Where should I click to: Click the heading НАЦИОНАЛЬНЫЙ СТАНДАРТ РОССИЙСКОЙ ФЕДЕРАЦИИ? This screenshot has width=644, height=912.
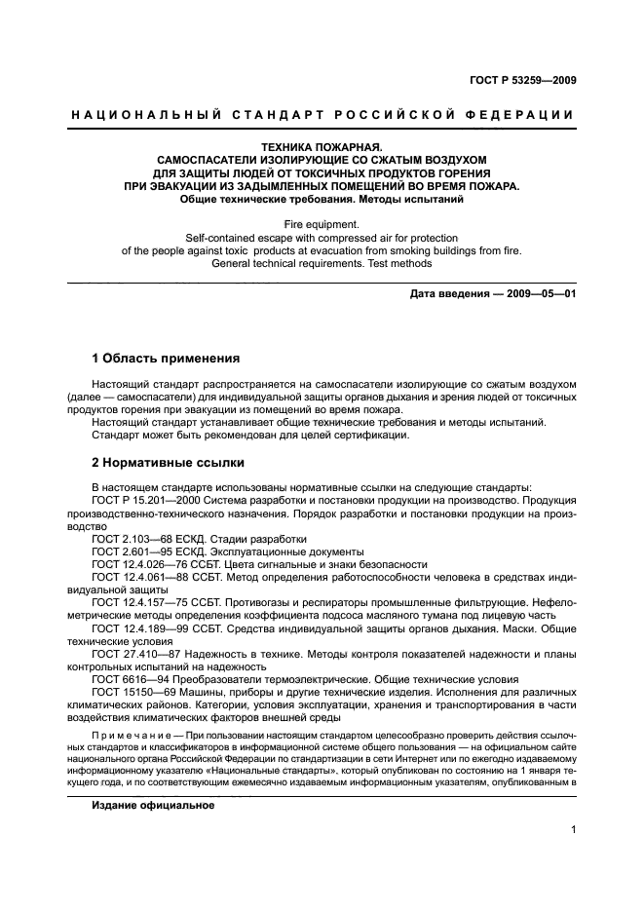tap(322, 115)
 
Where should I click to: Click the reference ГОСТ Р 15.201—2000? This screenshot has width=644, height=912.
tap(147, 500)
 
